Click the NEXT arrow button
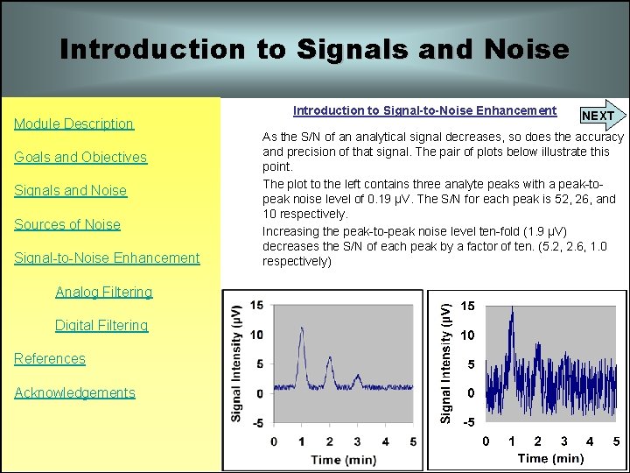click(600, 116)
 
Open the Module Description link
click(73, 124)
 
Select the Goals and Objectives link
click(80, 158)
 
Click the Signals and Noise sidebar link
click(70, 191)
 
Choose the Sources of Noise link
click(67, 224)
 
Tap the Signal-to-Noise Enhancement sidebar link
click(107, 258)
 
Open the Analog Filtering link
click(103, 292)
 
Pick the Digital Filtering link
click(101, 325)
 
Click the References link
click(50, 358)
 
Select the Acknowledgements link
click(74, 392)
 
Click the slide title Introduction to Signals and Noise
click(314, 49)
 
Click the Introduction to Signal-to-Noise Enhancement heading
click(424, 110)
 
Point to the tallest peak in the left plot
click(302, 329)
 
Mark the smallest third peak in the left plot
click(357, 378)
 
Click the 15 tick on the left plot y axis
click(256, 305)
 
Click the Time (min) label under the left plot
click(344, 459)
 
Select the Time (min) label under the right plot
click(550, 458)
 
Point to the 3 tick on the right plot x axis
click(563, 441)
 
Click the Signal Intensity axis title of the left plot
click(236, 364)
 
